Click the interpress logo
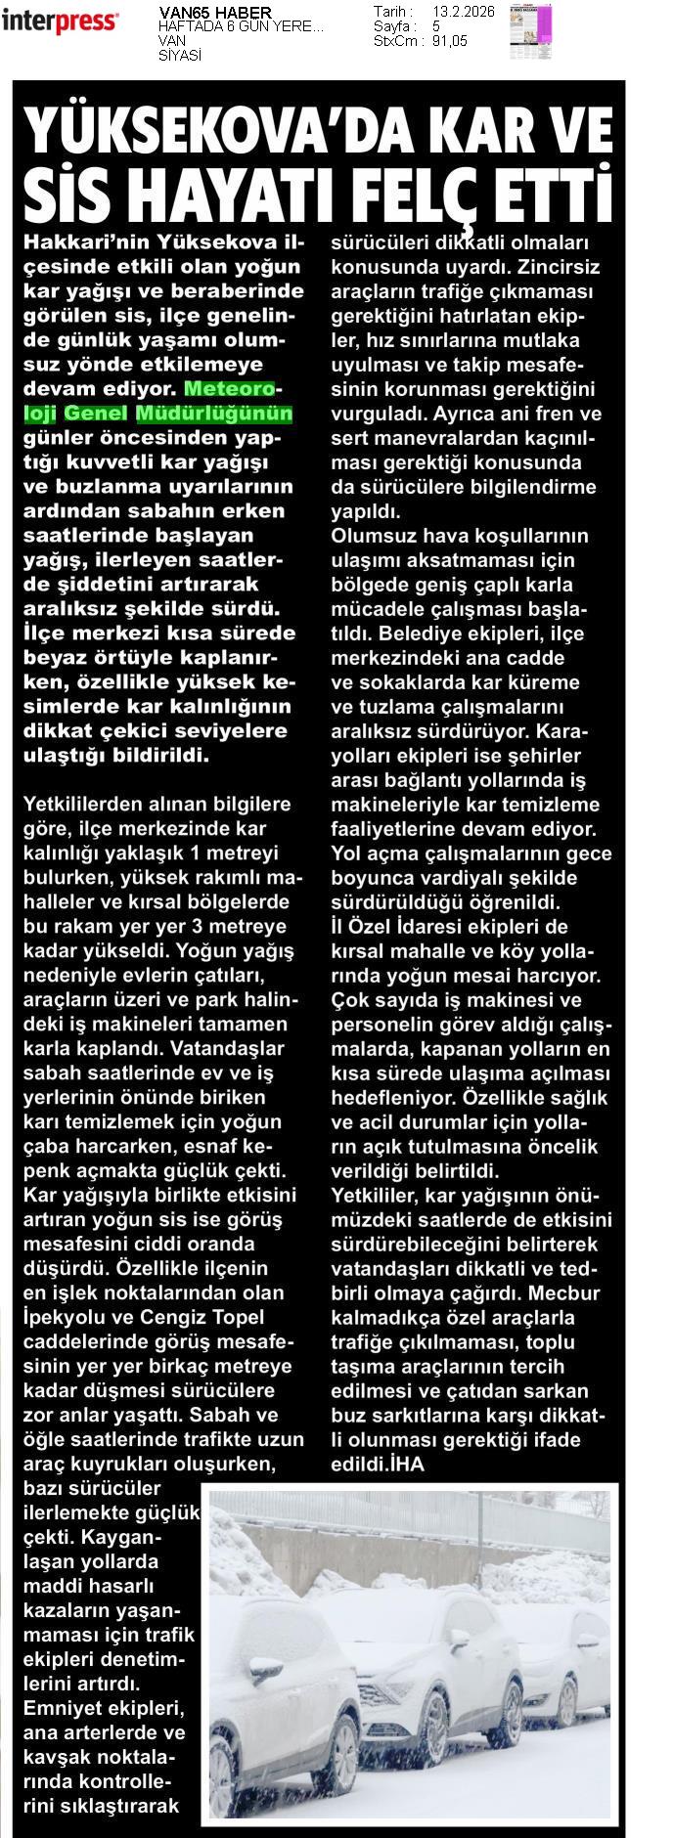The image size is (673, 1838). click(x=60, y=21)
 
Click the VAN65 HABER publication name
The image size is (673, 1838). click(x=204, y=12)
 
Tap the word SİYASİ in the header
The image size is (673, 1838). click(x=179, y=56)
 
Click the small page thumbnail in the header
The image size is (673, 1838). click(x=530, y=31)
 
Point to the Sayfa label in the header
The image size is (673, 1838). click(x=394, y=26)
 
